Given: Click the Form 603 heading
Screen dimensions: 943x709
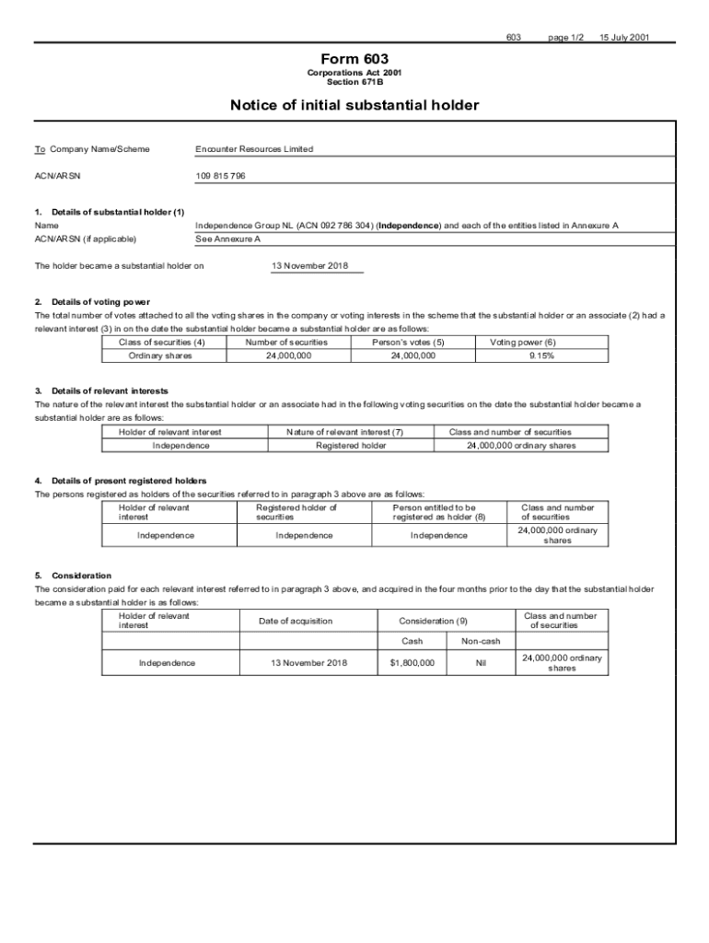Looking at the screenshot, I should [354, 57].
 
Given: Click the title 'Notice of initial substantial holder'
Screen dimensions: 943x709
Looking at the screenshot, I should [354, 105].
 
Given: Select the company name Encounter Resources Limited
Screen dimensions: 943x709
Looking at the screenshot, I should [254, 149].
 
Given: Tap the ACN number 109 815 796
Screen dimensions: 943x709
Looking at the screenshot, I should [220, 175].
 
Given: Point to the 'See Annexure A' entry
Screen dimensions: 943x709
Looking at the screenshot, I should [228, 239].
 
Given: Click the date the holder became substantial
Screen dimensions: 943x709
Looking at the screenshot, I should [309, 266].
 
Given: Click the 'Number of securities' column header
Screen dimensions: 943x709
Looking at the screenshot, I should [286, 342].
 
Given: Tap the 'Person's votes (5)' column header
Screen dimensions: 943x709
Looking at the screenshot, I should [413, 342].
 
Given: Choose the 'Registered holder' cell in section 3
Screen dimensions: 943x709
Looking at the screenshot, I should [351, 446].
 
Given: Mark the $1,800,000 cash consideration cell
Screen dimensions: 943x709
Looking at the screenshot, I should [413, 662].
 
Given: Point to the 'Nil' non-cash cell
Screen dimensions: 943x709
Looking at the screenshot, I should [481, 662].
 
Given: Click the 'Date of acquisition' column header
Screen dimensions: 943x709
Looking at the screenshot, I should [296, 621].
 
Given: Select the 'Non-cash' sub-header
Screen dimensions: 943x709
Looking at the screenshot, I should [481, 641].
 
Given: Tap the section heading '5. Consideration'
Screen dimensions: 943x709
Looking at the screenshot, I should [73, 576].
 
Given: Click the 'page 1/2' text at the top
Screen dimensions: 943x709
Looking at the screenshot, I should [565, 38].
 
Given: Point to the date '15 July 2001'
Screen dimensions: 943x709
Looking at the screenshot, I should [625, 38].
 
